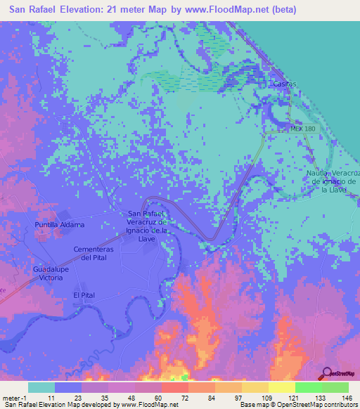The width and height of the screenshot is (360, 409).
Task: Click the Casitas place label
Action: coord(285,84)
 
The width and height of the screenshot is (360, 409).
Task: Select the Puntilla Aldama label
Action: coord(60,224)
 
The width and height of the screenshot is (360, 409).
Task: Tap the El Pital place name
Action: coord(84,295)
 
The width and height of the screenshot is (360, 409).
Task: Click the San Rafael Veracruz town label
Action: coord(147,226)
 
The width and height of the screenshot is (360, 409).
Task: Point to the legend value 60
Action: coord(149,397)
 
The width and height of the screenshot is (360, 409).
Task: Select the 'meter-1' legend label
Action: coord(13,397)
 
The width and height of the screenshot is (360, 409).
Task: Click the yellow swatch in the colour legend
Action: coord(282,387)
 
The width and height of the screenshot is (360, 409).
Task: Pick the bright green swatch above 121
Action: coord(309,387)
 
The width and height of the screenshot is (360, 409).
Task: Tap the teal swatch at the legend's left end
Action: coord(41,387)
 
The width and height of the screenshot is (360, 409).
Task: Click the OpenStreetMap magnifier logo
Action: coord(326,372)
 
